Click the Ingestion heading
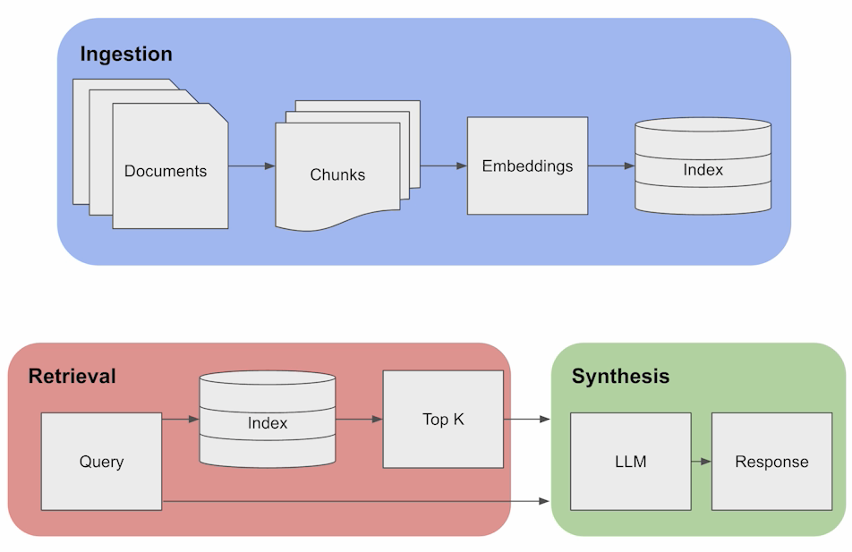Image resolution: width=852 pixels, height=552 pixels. tap(126, 54)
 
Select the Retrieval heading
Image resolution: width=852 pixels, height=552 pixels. tap(72, 376)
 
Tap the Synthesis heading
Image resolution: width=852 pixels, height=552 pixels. tap(620, 376)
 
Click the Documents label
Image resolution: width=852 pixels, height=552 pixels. tap(166, 171)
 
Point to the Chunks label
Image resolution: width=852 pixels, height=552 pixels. tap(337, 174)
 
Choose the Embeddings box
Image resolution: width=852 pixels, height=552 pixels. tap(527, 166)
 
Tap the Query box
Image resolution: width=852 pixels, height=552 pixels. tap(101, 462)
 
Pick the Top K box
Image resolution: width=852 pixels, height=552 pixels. tap(443, 419)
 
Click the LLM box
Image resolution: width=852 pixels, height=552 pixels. tap(630, 462)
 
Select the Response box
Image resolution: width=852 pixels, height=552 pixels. tap(771, 462)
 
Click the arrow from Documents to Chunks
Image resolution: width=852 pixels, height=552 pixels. tap(251, 166)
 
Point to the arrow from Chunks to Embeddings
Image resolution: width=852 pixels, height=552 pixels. tap(444, 166)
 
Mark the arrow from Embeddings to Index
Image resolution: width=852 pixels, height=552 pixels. tap(611, 166)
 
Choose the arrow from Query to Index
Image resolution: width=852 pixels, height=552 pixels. tap(180, 419)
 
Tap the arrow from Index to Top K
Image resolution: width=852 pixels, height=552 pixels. tap(359, 419)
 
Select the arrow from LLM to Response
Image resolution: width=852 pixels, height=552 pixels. tap(701, 462)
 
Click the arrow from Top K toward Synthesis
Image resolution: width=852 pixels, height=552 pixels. tap(526, 419)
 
